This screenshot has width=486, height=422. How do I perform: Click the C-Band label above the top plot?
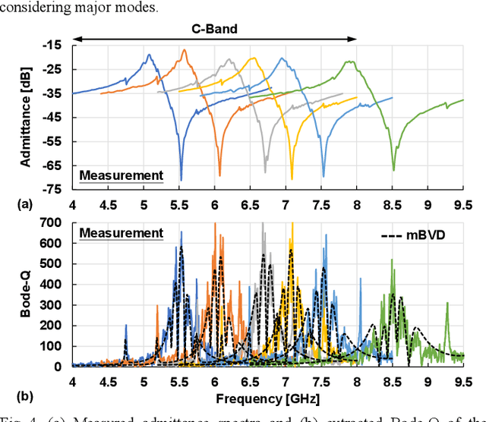(213, 30)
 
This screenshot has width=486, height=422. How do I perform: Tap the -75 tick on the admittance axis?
(53, 189)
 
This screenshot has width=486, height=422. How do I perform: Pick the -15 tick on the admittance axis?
(53, 45)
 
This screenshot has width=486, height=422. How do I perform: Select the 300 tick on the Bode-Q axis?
(52, 304)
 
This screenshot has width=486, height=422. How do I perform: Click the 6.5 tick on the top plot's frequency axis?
(250, 203)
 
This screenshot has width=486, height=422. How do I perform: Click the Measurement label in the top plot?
(121, 176)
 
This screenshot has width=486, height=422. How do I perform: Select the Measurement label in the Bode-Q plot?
(121, 233)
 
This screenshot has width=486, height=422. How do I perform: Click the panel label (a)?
(10, 203)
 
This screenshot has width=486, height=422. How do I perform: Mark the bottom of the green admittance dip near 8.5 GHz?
(393, 170)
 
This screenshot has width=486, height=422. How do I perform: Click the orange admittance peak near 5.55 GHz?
(184, 50)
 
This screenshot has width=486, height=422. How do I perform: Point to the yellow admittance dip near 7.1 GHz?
(292, 179)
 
